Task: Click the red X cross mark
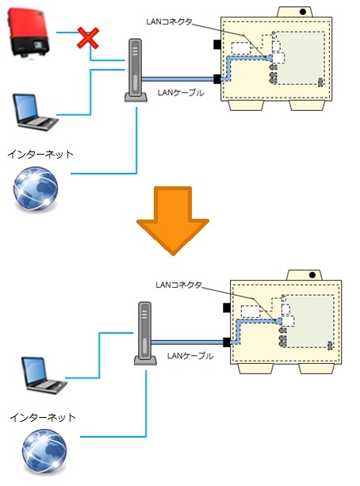pos(88,38)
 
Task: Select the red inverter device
pos(28,33)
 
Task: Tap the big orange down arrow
pos(173,220)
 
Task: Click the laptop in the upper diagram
pos(35,112)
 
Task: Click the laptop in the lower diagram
pos(44,375)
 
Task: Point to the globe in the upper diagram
pos(36,189)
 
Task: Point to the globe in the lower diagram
pos(44,451)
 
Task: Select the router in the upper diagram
pos(136,71)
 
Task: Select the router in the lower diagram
pos(145,334)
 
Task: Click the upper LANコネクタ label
pos(170,21)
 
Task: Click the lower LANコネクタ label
pos(178,285)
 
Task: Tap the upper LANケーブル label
pos(181,93)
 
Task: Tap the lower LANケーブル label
pos(190,355)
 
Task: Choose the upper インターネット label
pos(40,154)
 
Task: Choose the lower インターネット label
pos(43,417)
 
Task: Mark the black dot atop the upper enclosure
pos(303,12)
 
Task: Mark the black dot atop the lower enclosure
pos(312,274)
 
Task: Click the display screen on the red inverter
pos(38,45)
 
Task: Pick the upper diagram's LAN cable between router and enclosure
pos(178,79)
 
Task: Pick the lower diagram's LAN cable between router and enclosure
pos(187,342)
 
